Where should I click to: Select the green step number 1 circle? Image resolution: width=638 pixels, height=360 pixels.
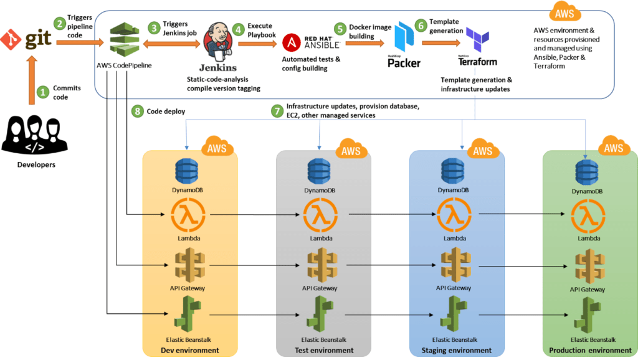point(43,92)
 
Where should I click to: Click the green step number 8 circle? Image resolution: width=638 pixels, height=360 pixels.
point(137,111)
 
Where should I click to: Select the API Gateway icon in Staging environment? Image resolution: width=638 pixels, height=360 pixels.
point(452,265)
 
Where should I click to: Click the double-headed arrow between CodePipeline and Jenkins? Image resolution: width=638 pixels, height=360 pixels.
point(173,43)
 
